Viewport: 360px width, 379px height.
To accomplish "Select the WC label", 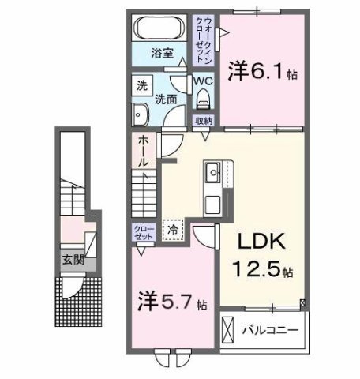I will click(204, 81).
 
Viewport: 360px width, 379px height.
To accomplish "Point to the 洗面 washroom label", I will click(165, 99).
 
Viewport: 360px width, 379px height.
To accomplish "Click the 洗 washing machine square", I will click(141, 85).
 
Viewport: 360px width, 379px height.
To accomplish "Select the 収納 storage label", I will click(204, 120).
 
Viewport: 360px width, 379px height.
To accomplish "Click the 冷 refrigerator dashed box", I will click(173, 229).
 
